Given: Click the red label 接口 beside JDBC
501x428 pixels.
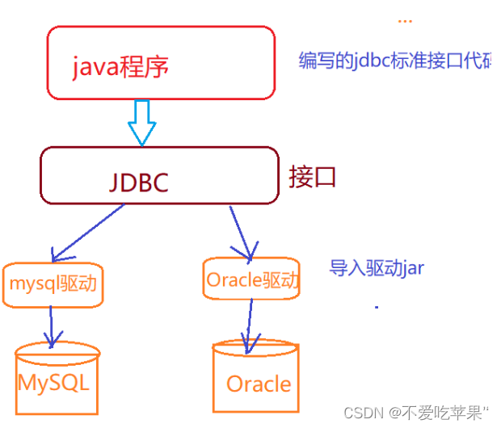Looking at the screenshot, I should (312, 177).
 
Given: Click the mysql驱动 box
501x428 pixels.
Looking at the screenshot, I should (53, 284).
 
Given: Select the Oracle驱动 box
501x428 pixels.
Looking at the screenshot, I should (251, 279).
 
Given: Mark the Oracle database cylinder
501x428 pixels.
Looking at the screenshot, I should (258, 379).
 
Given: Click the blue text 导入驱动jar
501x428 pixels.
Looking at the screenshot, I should (376, 268).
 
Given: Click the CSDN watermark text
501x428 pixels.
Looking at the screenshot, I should (362, 413).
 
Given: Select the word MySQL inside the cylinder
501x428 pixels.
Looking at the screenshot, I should (53, 381).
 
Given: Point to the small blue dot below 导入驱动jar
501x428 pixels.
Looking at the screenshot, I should (377, 307).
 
